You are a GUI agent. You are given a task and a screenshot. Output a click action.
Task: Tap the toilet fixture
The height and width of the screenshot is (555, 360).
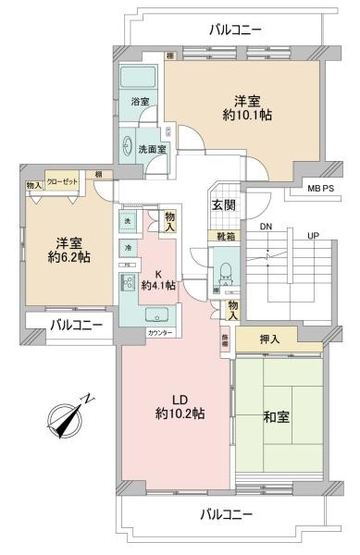point(225,275)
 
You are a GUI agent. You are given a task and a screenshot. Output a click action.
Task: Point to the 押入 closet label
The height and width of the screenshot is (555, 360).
point(268,339)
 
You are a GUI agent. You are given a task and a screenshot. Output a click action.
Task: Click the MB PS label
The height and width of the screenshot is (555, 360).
point(321,189)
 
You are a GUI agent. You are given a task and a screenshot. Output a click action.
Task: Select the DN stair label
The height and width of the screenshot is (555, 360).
point(267,227)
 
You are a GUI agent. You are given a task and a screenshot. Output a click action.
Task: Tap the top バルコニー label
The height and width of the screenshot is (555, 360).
point(235,30)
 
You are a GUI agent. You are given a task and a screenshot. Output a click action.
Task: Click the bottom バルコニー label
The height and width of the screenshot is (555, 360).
point(230,513)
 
